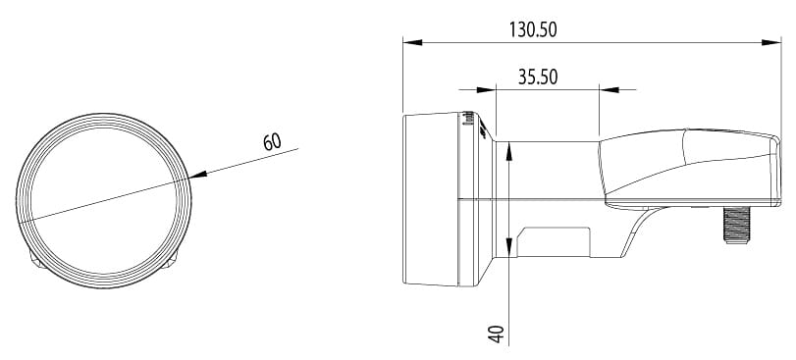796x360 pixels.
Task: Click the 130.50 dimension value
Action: [x=533, y=29]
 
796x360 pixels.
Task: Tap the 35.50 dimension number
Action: [x=538, y=77]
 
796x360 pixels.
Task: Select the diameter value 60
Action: [x=272, y=142]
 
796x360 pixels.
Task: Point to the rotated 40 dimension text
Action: [x=497, y=334]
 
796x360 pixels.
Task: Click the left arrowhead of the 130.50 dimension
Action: [x=412, y=42]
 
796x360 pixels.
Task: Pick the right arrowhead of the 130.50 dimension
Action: [x=771, y=42]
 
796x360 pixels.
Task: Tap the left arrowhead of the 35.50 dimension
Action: [x=486, y=89]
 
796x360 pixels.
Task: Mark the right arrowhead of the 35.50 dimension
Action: [x=610, y=89]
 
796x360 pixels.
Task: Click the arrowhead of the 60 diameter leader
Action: [x=197, y=175]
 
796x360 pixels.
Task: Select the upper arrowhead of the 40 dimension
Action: [x=509, y=151]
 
